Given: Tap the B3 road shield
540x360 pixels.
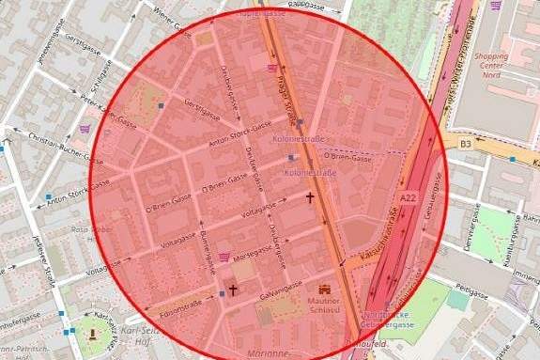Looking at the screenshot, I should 466,145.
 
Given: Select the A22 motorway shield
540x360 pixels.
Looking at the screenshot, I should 407,198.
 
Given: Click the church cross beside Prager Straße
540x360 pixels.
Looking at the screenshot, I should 310,198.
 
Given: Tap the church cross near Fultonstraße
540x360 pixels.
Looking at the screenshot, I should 233,290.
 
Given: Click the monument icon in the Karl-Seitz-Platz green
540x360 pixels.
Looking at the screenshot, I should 91,333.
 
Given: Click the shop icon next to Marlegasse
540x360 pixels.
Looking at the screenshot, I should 224,256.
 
